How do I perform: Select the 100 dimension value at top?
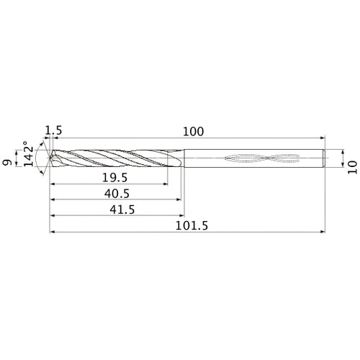pos(194,131)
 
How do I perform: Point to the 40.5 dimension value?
pos(114,193)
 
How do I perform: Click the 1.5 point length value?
pos(53,130)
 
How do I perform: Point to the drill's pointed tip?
pos(50,157)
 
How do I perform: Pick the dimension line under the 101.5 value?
pos(187,233)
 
